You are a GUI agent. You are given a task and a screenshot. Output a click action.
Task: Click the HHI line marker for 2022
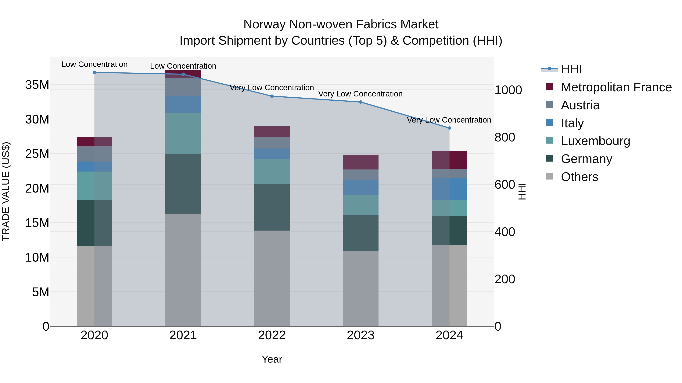(x=272, y=96)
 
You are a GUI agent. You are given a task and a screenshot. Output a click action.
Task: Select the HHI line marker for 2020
(x=94, y=72)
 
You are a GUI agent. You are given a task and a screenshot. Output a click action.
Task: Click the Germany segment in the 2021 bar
(x=183, y=184)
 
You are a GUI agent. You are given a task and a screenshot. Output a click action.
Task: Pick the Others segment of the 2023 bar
(x=360, y=288)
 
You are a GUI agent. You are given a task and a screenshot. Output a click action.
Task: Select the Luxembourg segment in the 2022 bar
(x=272, y=172)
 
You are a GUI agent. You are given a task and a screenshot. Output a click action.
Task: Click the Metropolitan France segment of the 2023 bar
(x=360, y=162)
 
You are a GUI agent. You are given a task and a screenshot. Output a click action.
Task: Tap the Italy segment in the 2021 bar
(x=183, y=104)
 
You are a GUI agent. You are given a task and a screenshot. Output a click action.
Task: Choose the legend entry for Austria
(x=580, y=105)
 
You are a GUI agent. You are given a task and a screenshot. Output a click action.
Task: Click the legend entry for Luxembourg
(x=595, y=141)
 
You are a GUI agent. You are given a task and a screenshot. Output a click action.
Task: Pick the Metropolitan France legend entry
(x=616, y=87)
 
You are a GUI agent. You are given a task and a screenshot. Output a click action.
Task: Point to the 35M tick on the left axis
(x=37, y=85)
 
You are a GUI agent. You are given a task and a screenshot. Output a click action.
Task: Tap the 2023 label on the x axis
(x=360, y=335)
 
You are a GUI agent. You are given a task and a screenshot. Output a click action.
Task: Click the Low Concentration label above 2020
(x=94, y=64)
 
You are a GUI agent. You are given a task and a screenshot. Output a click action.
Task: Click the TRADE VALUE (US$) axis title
(x=6, y=191)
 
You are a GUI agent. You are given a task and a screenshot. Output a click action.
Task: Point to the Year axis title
(x=272, y=359)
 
